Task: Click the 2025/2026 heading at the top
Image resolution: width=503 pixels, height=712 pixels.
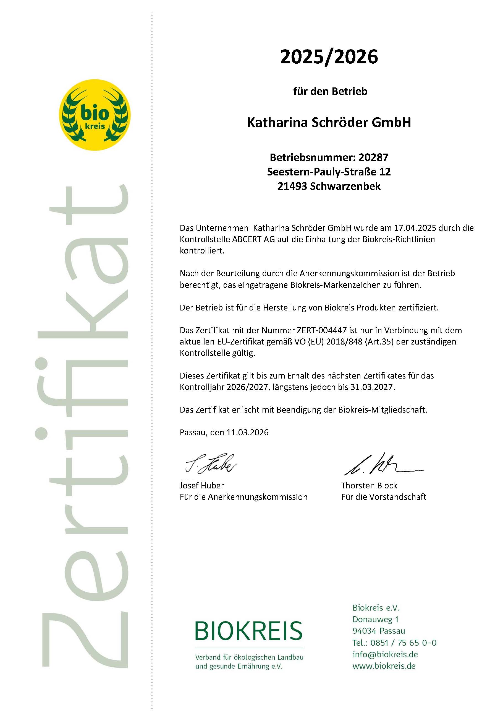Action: point(329,57)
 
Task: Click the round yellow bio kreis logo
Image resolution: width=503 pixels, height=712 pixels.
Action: point(95,115)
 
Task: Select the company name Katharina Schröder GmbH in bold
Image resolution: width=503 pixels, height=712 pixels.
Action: point(329,123)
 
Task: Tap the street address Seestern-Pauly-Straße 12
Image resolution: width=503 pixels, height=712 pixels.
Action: point(329,172)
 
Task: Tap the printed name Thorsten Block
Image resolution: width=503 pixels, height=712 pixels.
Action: point(369,485)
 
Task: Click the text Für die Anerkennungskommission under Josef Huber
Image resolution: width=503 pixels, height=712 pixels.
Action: point(243,497)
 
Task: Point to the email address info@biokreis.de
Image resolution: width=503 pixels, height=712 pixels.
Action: point(385,654)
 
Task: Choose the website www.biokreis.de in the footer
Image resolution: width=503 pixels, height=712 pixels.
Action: point(384,666)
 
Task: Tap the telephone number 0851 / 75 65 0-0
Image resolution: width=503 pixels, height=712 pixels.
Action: point(403,643)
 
